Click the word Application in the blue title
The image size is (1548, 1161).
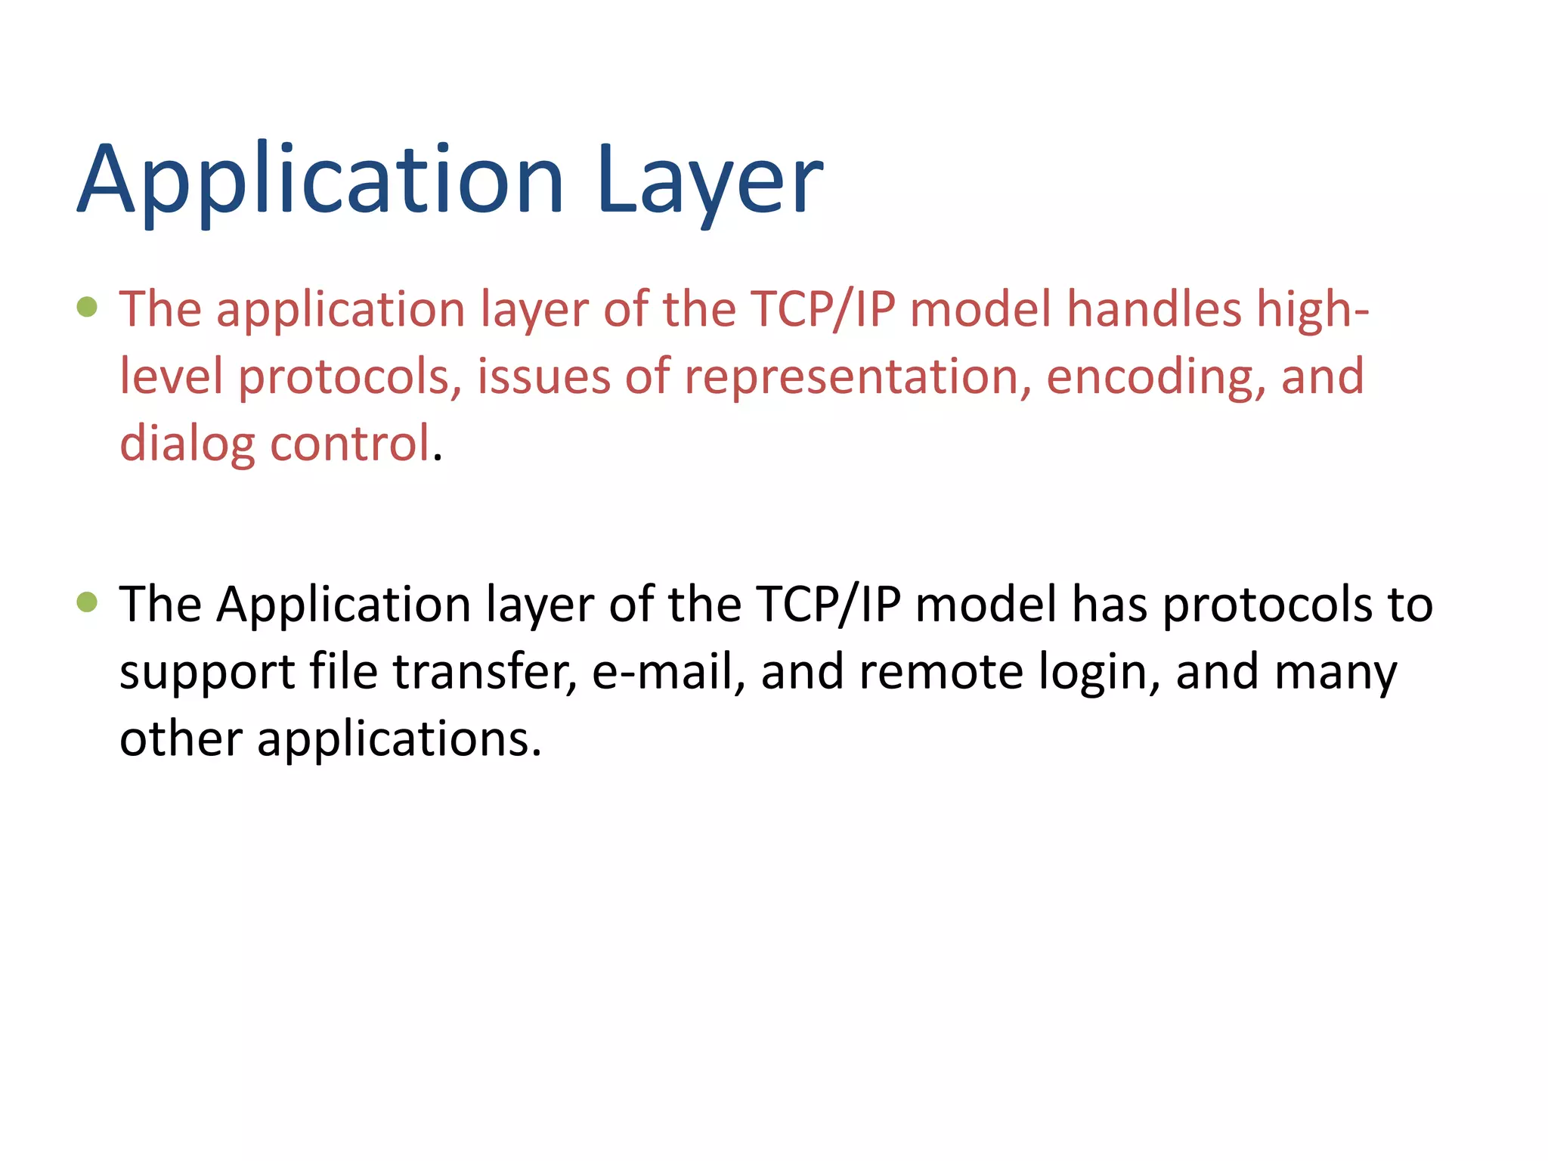click(320, 181)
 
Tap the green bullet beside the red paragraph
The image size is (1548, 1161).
click(88, 306)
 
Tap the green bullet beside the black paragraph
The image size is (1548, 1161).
click(88, 602)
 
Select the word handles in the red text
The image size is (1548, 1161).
click(1154, 310)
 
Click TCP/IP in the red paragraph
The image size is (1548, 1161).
click(822, 310)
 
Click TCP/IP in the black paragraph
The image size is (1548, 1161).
click(828, 605)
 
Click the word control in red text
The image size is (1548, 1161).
click(350, 443)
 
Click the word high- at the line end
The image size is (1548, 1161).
click(1312, 310)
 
